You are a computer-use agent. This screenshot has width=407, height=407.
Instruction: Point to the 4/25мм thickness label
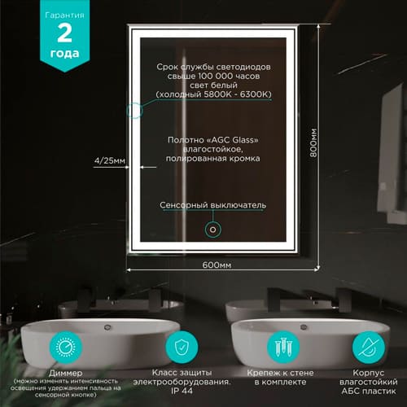[109, 161]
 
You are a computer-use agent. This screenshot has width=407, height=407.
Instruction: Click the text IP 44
[181, 391]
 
